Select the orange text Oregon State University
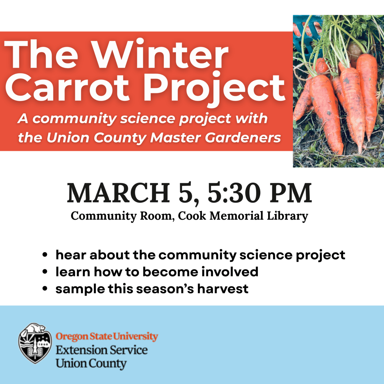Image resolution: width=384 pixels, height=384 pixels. tap(107, 337)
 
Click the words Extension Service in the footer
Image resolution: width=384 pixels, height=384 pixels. tap(102, 350)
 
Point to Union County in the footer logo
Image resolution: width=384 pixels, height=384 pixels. tap(91, 364)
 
